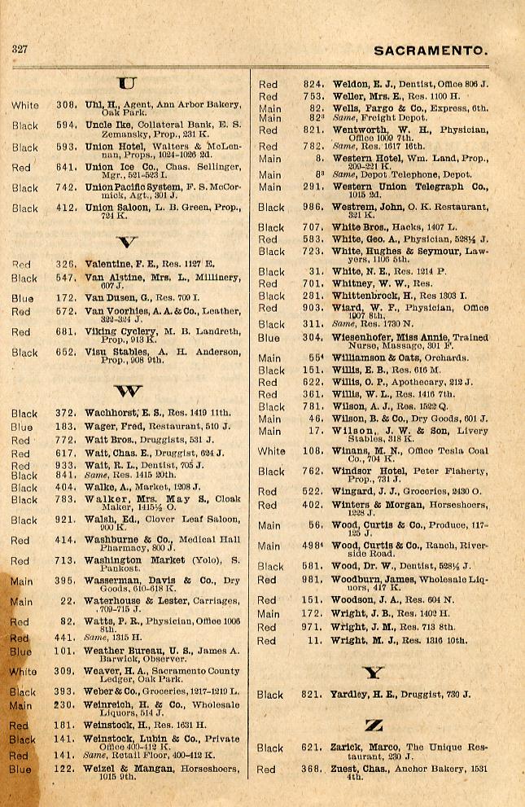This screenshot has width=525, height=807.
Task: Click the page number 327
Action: [x=20, y=49]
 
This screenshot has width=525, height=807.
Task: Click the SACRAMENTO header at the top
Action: [x=431, y=51]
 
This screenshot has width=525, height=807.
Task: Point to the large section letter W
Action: [x=127, y=389]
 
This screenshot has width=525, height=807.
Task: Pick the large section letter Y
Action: [x=374, y=673]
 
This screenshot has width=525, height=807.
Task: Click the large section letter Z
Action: [x=374, y=724]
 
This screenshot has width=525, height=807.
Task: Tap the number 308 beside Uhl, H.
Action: [x=67, y=104]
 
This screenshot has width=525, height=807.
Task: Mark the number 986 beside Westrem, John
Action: [x=313, y=207]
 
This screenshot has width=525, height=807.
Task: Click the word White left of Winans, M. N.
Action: [x=272, y=450]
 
